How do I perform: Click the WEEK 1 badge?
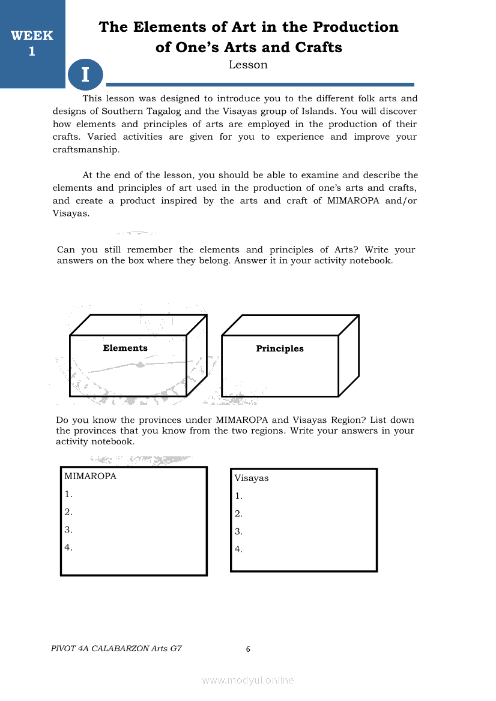(32, 43)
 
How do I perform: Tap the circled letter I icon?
(85, 75)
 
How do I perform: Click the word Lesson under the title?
(248, 65)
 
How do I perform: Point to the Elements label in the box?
(125, 348)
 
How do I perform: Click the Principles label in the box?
(280, 348)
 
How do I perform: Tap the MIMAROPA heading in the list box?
(90, 477)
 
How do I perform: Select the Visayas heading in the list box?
(252, 478)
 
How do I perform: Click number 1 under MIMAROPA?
(68, 494)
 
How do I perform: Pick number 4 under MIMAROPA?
(68, 547)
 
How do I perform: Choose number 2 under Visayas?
(238, 513)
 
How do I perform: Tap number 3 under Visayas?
(238, 531)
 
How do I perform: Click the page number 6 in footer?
(248, 649)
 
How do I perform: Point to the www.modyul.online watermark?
(248, 680)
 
